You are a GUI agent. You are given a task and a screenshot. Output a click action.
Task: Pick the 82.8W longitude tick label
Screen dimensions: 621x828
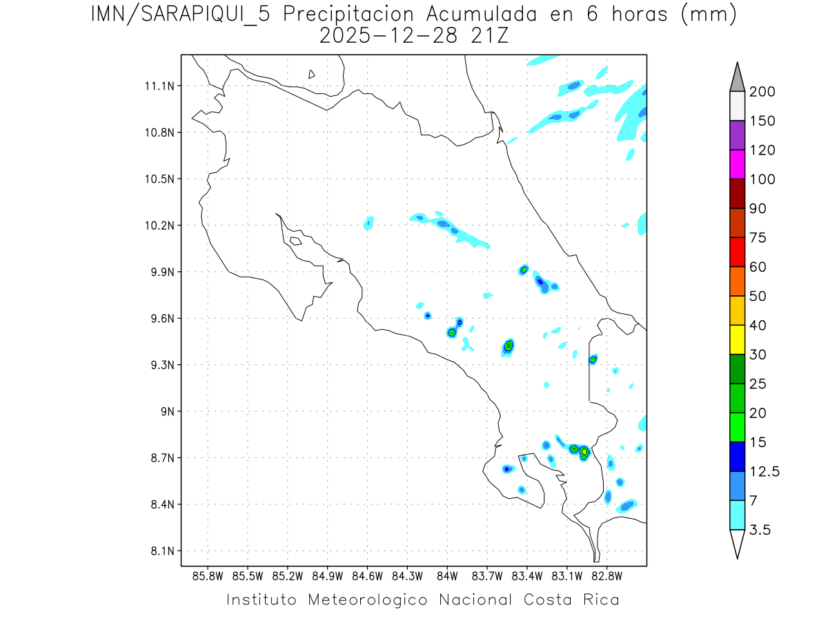click(x=607, y=575)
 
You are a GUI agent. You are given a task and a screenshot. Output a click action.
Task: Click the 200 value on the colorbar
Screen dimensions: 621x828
click(x=762, y=92)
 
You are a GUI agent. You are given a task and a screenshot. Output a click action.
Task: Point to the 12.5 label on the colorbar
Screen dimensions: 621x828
click(x=765, y=471)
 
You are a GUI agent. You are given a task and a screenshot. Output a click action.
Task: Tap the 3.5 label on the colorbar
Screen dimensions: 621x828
click(x=760, y=530)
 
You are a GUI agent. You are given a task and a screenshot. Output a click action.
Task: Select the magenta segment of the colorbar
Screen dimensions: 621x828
click(x=737, y=164)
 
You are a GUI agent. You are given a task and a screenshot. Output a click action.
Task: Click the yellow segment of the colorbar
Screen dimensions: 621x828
click(x=737, y=339)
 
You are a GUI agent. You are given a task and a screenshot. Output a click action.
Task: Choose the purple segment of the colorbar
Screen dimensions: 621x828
click(x=737, y=135)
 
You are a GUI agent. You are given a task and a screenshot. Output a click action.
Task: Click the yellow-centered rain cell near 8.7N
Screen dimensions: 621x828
click(x=584, y=453)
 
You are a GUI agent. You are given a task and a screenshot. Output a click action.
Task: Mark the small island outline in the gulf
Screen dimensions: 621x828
click(x=295, y=241)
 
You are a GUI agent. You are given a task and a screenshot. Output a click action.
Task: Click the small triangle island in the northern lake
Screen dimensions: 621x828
click(x=312, y=74)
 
